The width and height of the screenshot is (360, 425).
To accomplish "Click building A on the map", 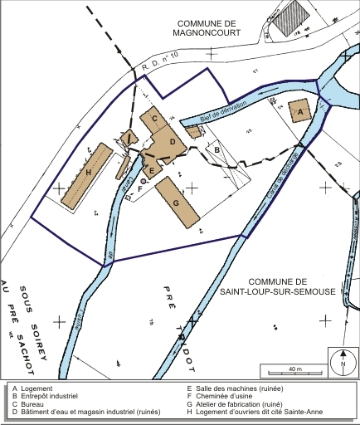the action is tap(299, 109).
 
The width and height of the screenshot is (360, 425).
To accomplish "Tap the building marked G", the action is tap(177, 201).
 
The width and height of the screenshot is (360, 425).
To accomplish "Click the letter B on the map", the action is tap(217, 149).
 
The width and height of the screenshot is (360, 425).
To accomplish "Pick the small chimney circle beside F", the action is tap(144, 180).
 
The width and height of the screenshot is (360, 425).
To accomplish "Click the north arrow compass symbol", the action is tap(341, 362).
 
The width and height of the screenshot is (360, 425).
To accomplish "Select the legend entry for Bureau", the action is tap(34, 403).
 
